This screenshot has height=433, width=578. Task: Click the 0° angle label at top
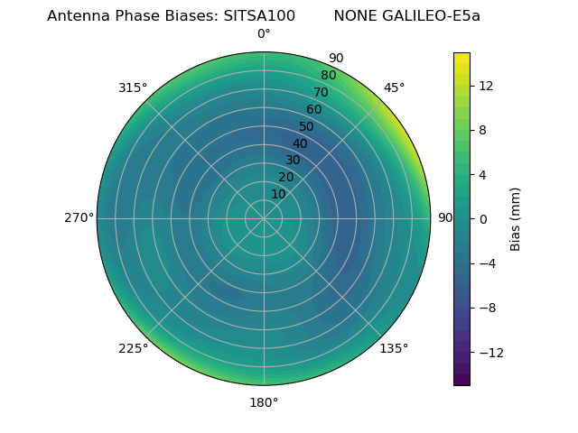pyautogui.click(x=264, y=34)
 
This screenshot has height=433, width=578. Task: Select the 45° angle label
pyautogui.click(x=394, y=88)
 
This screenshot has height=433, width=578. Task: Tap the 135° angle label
pyautogui.click(x=394, y=348)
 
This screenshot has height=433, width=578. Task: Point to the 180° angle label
pyautogui.click(x=264, y=402)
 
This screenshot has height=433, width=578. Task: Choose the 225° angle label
pyautogui.click(x=133, y=348)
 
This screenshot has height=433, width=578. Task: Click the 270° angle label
pyautogui.click(x=79, y=218)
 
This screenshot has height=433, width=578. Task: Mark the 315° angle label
pyautogui.click(x=133, y=88)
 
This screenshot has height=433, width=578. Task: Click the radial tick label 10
pyautogui.click(x=278, y=194)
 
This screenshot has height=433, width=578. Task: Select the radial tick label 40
pyautogui.click(x=300, y=144)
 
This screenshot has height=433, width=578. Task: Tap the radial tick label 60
pyautogui.click(x=314, y=110)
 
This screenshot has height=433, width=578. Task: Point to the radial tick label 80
pyautogui.click(x=328, y=76)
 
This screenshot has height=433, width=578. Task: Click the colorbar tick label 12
pyautogui.click(x=486, y=86)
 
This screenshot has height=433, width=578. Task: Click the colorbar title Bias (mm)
pyautogui.click(x=516, y=218)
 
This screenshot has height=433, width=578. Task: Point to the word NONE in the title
pyautogui.click(x=355, y=16)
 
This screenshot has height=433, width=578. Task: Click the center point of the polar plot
pyautogui.click(x=264, y=218)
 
